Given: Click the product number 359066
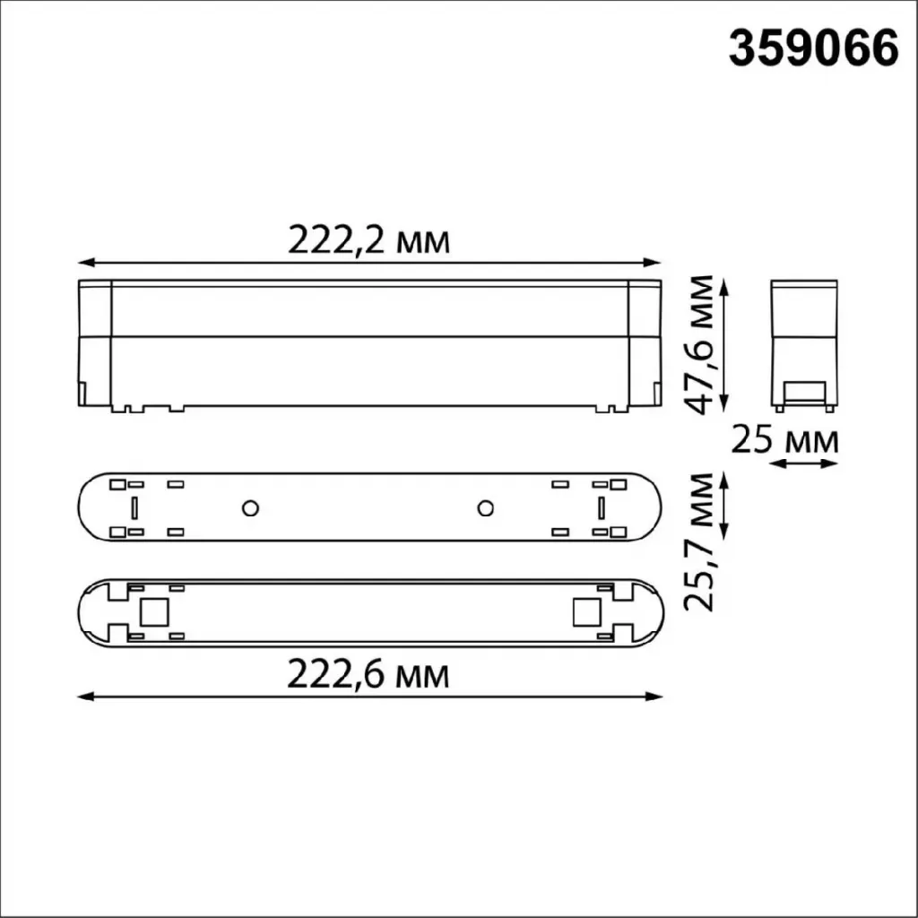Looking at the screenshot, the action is pos(813,49).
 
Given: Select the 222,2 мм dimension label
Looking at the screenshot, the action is pos(368,240).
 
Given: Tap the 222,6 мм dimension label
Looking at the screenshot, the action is pos(368,675).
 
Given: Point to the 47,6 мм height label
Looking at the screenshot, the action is pos(699,345).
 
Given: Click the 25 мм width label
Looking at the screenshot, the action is pos(784,440).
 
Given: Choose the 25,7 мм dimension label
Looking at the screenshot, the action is pos(699,541).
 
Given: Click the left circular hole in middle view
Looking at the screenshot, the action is pos(251,508).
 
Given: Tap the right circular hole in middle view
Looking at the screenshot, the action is pos(485,508).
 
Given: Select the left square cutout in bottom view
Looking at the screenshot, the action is pos(154,612).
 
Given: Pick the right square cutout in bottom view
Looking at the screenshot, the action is pos(587,612).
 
